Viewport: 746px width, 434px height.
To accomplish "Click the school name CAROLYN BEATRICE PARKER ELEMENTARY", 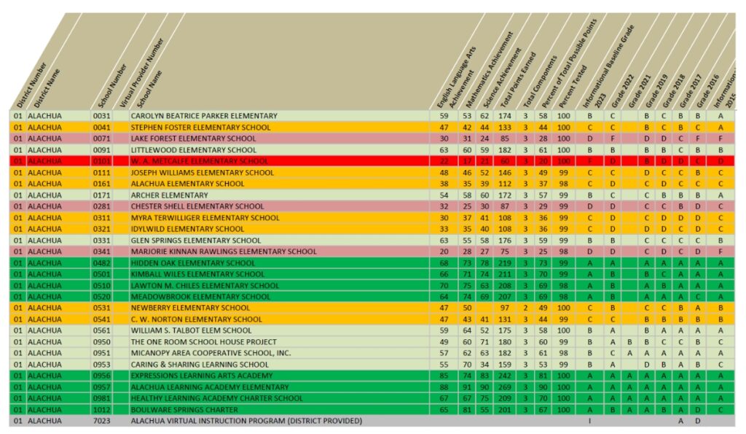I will click(x=204, y=116).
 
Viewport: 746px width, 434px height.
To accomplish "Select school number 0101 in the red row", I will click(x=101, y=161).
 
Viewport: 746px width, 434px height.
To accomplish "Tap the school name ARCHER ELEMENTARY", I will click(x=169, y=195).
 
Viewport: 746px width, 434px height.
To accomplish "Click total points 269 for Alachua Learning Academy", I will click(x=503, y=387).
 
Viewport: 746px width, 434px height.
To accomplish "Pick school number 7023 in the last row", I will click(x=101, y=421).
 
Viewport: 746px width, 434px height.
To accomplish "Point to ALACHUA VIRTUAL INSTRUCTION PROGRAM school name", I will click(x=246, y=421).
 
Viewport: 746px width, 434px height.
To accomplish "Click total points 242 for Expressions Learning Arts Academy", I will click(x=503, y=376).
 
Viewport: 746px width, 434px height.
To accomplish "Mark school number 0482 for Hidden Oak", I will click(x=101, y=263).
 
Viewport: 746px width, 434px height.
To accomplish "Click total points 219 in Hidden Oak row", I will click(x=503, y=263).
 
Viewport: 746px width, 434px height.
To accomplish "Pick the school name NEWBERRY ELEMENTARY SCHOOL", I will click(x=190, y=309).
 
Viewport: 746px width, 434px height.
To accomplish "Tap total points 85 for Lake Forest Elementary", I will click(x=503, y=139).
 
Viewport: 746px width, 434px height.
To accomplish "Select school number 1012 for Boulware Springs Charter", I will click(x=101, y=410).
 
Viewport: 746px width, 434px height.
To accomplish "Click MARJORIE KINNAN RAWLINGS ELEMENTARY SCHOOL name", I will click(x=224, y=252).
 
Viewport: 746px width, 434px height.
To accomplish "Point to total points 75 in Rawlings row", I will click(x=503, y=252).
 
